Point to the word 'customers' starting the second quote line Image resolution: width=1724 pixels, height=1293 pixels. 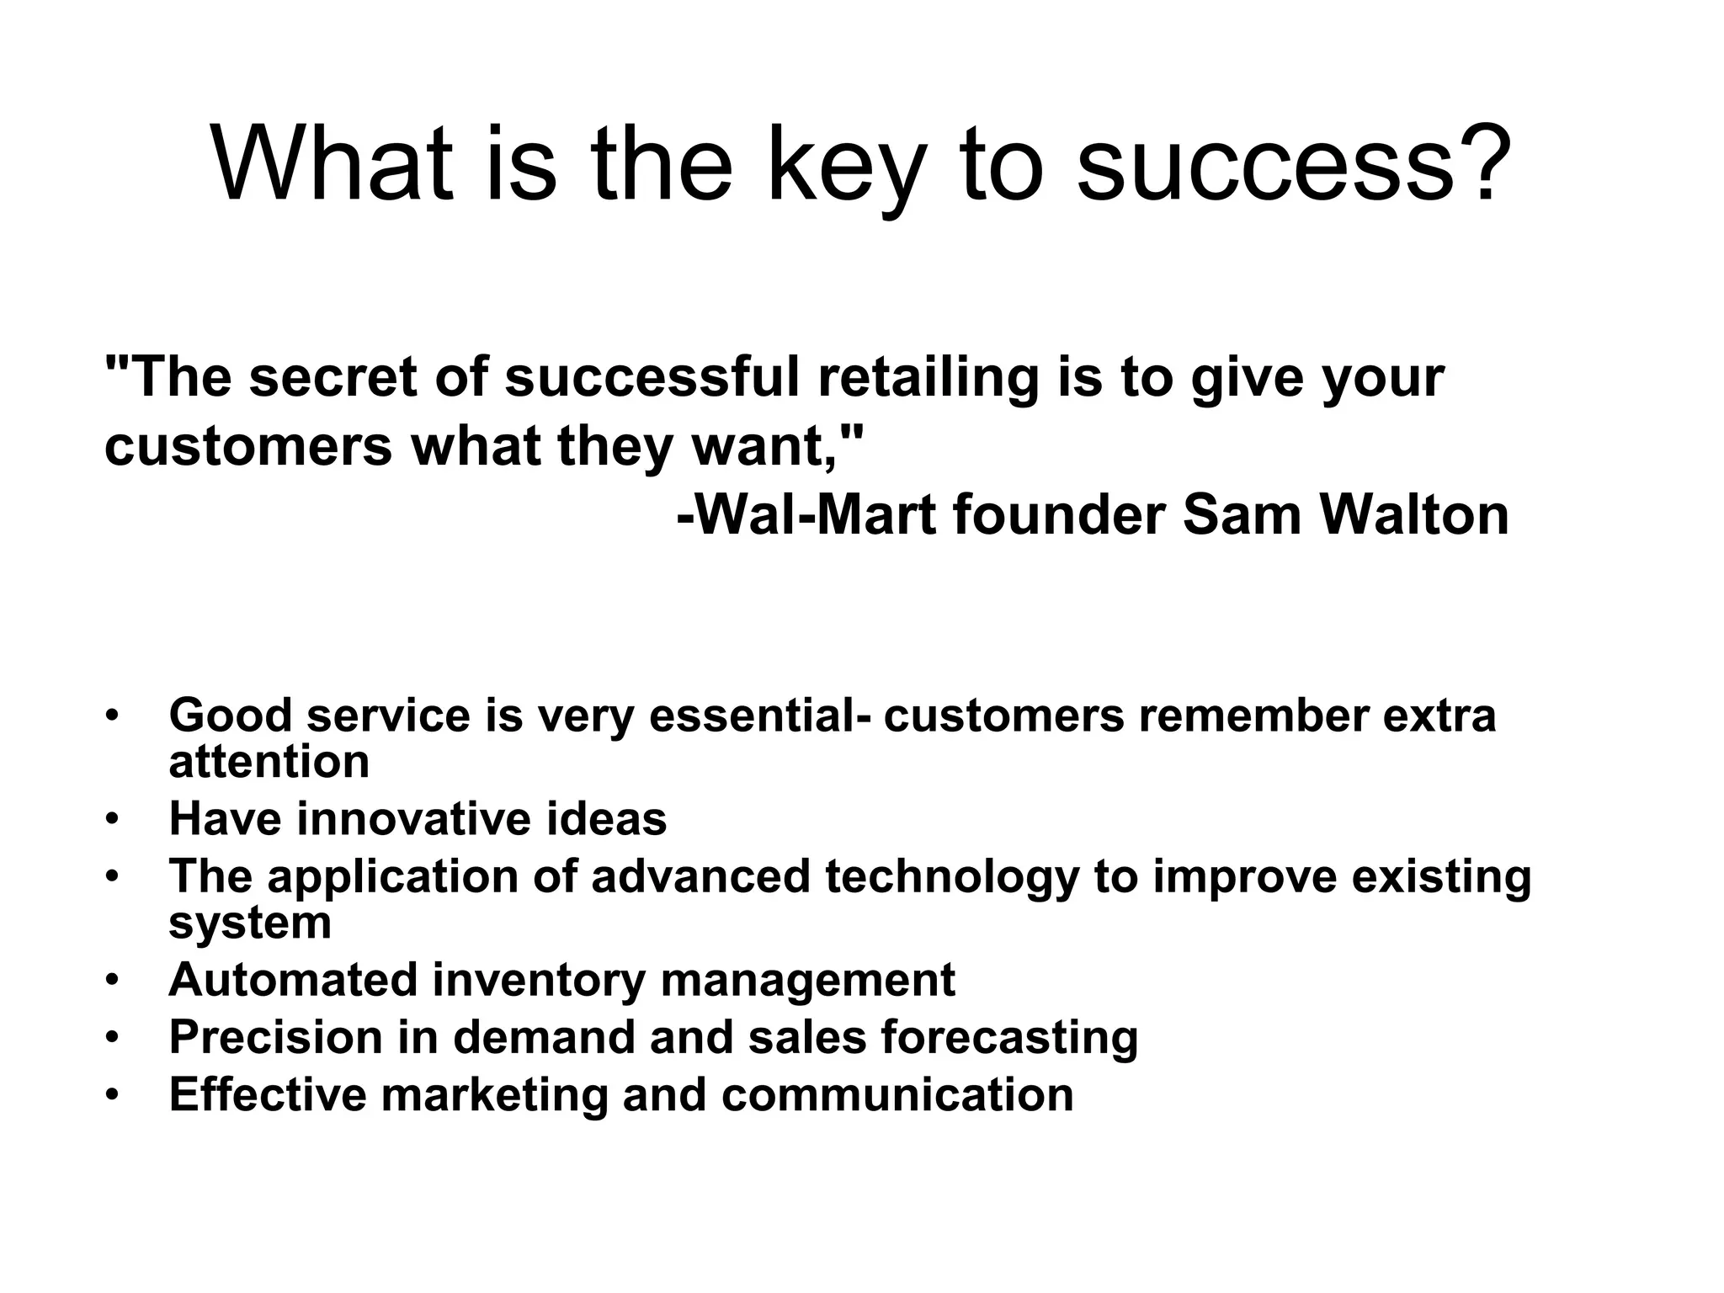tap(247, 446)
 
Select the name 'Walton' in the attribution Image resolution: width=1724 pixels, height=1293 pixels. tap(1414, 514)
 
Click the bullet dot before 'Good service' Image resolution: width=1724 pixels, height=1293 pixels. tap(112, 716)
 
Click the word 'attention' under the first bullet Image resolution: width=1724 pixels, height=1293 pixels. tap(269, 762)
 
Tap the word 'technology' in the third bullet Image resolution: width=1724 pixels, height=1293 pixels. tap(952, 876)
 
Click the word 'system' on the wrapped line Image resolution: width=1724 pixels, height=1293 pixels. tap(250, 923)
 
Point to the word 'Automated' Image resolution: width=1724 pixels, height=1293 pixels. tap(293, 980)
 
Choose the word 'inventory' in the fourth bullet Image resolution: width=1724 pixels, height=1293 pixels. tap(539, 980)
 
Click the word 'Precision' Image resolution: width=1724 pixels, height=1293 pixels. tap(276, 1037)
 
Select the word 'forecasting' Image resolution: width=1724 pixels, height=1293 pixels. tap(1009, 1037)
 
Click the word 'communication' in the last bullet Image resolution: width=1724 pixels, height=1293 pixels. tap(897, 1095)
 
